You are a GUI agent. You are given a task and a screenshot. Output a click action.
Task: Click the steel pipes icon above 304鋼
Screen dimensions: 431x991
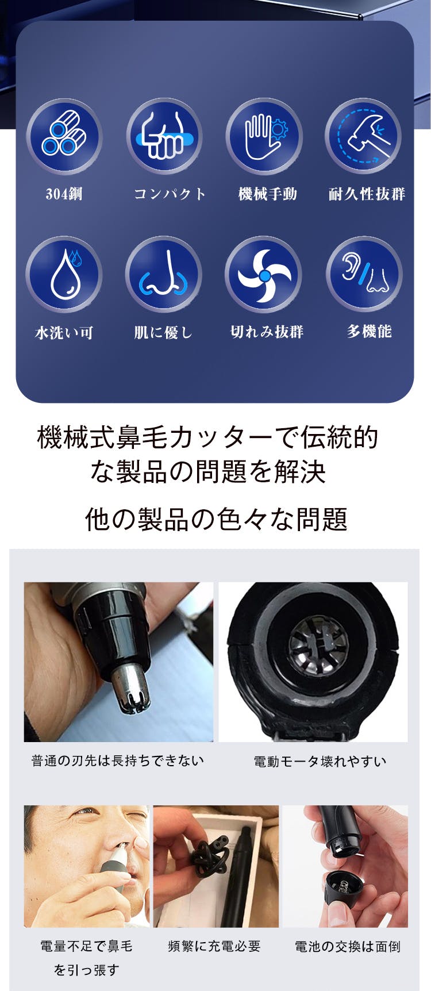point(64,136)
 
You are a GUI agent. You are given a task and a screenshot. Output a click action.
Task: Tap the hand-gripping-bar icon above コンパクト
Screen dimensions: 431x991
point(164,136)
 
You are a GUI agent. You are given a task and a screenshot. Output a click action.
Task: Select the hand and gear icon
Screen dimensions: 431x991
point(264,136)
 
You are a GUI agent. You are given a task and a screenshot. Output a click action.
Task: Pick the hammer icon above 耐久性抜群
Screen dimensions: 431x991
point(364,136)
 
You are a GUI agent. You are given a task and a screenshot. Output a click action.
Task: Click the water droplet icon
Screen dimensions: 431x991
point(64,274)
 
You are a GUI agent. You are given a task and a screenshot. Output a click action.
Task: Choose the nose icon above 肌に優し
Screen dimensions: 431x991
point(164,274)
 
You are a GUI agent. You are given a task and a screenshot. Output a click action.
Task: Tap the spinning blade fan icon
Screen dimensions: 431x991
point(264,274)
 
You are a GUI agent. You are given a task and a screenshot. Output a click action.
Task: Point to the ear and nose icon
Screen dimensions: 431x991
point(364,274)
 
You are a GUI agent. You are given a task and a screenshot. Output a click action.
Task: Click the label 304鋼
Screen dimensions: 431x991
point(64,194)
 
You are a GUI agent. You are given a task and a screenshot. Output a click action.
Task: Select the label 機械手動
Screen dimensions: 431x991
point(268,194)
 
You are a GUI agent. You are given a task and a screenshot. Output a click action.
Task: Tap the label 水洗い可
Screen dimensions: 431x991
point(64,332)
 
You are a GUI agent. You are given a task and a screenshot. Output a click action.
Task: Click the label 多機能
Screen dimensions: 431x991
point(369,331)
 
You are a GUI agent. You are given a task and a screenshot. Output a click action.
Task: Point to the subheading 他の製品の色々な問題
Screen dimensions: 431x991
point(216,518)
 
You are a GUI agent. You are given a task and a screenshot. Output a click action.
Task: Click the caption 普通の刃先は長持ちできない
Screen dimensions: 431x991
point(118,760)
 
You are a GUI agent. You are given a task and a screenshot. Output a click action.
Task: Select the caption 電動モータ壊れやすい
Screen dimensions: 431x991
point(320,762)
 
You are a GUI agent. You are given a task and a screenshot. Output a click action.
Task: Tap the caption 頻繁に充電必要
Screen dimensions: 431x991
point(214,946)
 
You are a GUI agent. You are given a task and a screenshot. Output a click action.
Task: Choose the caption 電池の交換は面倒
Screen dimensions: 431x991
point(348,947)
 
